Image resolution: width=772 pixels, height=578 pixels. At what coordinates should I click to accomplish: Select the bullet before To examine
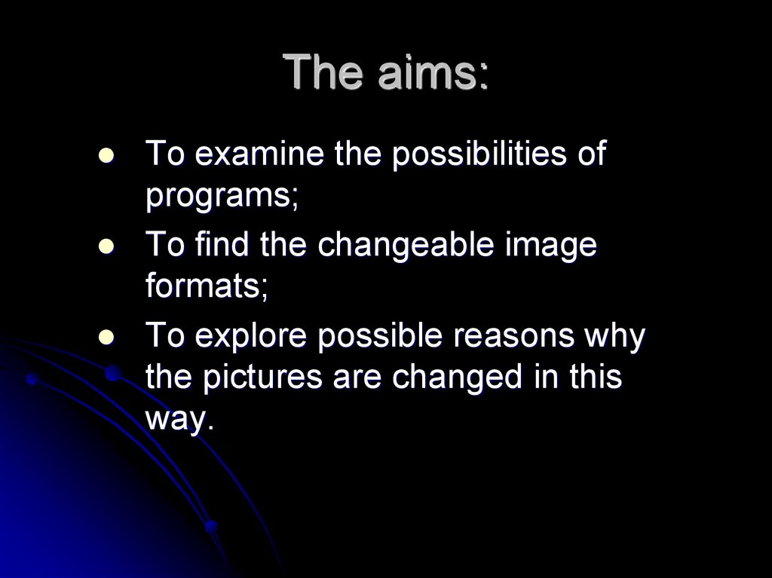click(x=106, y=156)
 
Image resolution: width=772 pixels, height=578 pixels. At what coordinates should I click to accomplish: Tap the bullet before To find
click(x=106, y=246)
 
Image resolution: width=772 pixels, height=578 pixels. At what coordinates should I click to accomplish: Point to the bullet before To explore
click(x=106, y=337)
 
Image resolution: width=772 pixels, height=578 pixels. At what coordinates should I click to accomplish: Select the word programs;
click(x=222, y=197)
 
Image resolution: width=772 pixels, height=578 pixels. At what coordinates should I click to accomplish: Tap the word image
click(x=558, y=247)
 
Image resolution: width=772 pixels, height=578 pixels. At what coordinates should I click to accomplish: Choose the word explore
click(x=250, y=337)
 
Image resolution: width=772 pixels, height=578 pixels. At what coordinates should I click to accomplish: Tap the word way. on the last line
click(x=175, y=420)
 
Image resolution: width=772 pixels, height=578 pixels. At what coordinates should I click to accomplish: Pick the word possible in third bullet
click(x=375, y=337)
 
